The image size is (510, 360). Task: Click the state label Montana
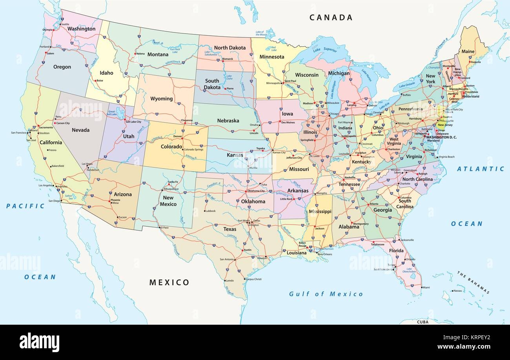point(158,55)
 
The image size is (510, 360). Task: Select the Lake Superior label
point(324,50)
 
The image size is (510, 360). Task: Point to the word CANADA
point(331,17)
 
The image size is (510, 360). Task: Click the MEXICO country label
point(169,282)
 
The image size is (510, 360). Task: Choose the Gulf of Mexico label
point(326,294)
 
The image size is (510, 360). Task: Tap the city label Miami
point(426,287)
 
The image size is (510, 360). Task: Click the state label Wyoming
point(162,99)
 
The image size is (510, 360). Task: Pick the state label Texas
point(230,229)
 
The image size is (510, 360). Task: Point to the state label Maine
point(468,52)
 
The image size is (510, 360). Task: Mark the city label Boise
point(100,81)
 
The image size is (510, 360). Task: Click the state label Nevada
point(80,130)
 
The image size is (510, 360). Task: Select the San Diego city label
point(55,201)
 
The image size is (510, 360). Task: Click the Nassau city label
point(457,291)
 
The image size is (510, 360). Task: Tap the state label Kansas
point(235,155)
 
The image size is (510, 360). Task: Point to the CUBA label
point(423,322)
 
